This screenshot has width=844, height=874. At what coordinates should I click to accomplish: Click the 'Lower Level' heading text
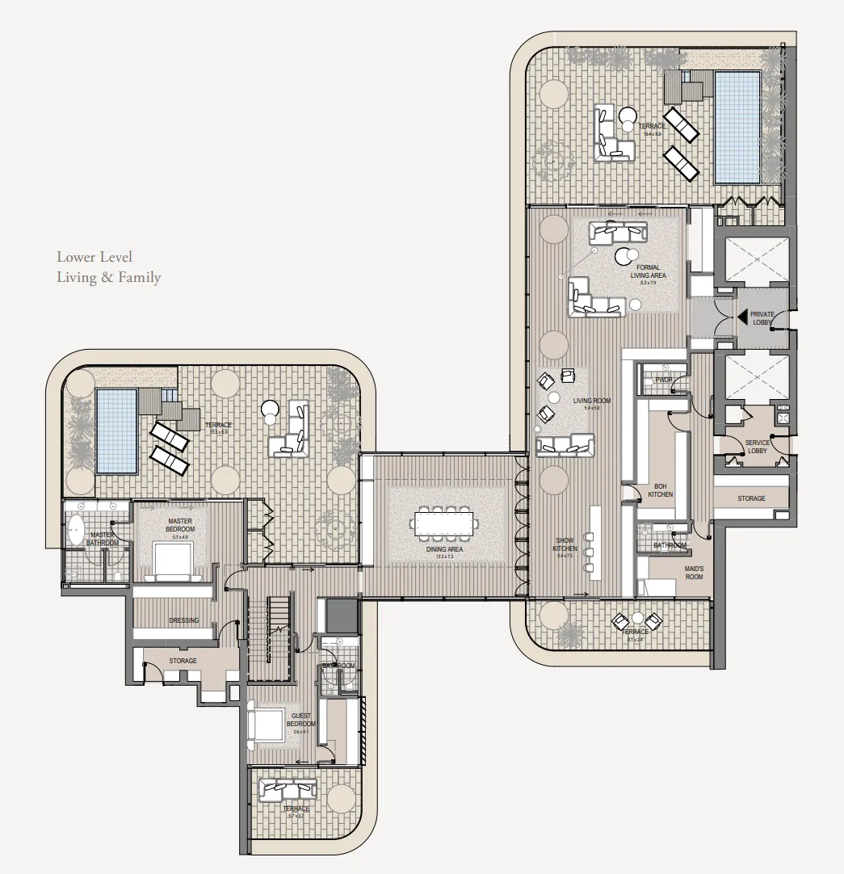coord(94,257)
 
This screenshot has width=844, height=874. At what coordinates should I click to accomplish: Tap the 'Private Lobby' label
coord(762,317)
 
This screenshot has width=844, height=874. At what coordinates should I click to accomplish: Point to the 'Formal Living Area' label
coord(648,271)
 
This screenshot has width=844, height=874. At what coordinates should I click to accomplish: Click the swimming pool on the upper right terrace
coord(737,126)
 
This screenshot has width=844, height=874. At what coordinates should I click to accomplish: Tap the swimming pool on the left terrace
coord(117,431)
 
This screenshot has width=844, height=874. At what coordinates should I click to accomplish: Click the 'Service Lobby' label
coord(757,447)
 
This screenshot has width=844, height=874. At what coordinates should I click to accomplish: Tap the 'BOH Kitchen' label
coord(660,490)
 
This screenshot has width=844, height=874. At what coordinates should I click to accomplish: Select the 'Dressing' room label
coord(183,620)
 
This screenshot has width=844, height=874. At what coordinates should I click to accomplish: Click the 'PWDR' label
coord(664,380)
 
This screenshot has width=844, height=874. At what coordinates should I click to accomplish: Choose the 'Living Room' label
coord(591,401)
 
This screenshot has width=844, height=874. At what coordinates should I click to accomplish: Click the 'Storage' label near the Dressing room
coord(183,661)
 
